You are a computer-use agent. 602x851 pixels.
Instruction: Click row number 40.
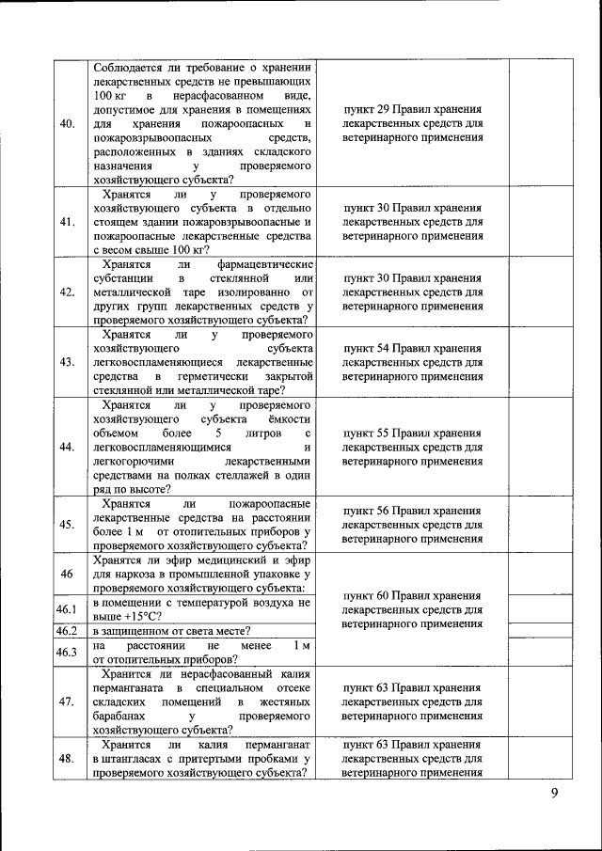click(x=67, y=123)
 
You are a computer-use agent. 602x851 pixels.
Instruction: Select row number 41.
click(x=67, y=222)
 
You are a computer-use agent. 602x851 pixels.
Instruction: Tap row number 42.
click(x=67, y=292)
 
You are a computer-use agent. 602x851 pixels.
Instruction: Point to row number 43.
click(x=67, y=362)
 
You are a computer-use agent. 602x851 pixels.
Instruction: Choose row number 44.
click(x=67, y=447)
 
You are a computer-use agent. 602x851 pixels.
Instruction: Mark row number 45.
click(x=67, y=525)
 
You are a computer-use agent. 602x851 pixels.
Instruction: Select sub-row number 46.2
click(x=67, y=630)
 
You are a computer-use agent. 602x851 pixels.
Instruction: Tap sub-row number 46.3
click(x=67, y=652)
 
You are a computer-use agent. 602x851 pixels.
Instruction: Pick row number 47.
click(x=67, y=701)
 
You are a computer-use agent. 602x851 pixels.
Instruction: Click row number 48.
click(x=67, y=759)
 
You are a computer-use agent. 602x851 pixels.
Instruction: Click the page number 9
click(x=554, y=795)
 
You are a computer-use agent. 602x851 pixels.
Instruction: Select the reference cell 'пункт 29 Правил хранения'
click(x=413, y=109)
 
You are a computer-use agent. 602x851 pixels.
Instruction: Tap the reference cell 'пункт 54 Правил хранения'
click(x=413, y=348)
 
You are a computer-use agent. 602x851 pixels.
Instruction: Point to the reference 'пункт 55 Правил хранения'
click(x=413, y=433)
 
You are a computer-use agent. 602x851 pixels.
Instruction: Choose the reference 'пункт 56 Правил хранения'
click(x=413, y=511)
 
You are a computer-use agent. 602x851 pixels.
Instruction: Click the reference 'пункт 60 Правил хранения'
click(x=413, y=595)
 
